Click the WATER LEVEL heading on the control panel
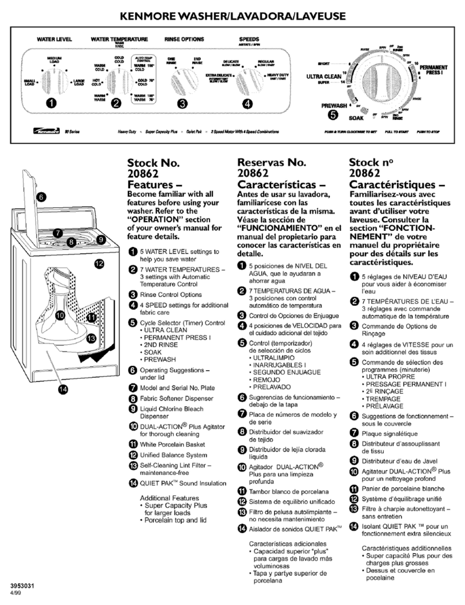54,40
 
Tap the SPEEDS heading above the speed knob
249,40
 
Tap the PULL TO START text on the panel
393,132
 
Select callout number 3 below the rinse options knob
182,104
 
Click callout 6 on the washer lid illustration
41,197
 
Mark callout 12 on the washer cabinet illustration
98,264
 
